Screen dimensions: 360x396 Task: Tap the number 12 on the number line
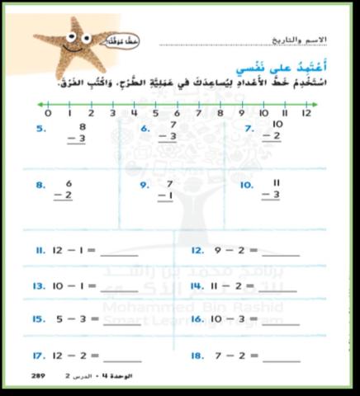(306, 114)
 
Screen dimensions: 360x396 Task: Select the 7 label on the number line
(198, 114)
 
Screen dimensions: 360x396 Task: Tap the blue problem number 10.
(246, 186)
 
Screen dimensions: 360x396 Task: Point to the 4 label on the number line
(134, 114)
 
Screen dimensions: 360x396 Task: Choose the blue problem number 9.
(144, 186)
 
